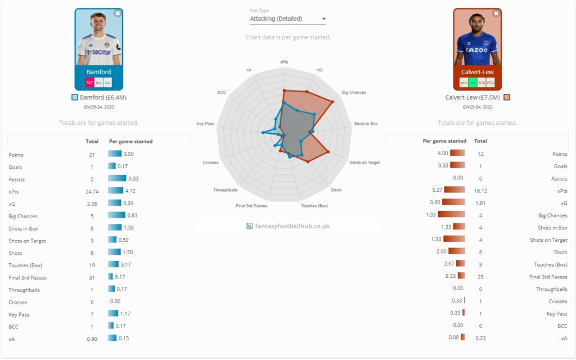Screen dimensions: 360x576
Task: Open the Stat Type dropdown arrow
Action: click(323, 19)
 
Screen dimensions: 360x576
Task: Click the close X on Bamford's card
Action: click(117, 13)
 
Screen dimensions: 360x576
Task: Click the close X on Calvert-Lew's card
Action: click(496, 13)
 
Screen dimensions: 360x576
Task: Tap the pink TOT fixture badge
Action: click(89, 82)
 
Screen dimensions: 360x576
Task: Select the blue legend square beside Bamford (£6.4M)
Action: click(75, 97)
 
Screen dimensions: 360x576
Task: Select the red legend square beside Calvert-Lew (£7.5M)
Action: click(507, 97)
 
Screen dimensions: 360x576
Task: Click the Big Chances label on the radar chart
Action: click(354, 92)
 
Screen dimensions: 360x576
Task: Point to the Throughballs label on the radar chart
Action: click(225, 190)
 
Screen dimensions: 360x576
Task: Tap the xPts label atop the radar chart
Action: click(285, 62)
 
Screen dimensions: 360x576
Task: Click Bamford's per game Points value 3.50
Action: click(129, 154)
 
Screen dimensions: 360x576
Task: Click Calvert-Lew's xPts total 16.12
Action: click(480, 191)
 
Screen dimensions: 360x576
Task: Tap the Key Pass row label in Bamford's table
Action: click(17, 314)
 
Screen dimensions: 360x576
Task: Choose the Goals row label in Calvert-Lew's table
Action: click(560, 166)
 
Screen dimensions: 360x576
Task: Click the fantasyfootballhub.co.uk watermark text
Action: click(291, 226)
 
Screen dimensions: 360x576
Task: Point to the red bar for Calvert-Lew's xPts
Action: click(454, 190)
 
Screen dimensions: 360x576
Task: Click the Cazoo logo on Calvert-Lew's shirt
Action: click(476, 50)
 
